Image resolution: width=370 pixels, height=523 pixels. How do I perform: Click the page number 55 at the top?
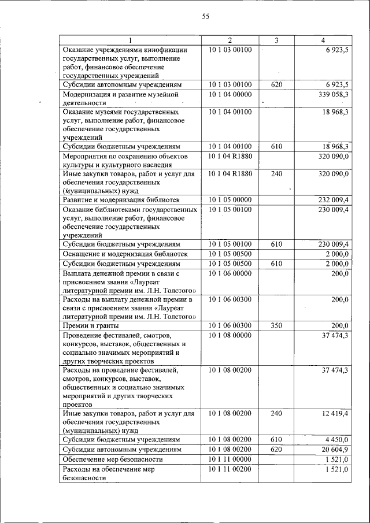point(205,16)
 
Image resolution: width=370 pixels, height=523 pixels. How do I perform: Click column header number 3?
point(276,40)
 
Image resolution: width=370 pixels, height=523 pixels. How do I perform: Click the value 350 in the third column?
point(276,325)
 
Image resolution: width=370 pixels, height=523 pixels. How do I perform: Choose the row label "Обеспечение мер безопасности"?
point(113,459)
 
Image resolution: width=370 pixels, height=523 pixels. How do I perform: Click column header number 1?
point(131,40)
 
